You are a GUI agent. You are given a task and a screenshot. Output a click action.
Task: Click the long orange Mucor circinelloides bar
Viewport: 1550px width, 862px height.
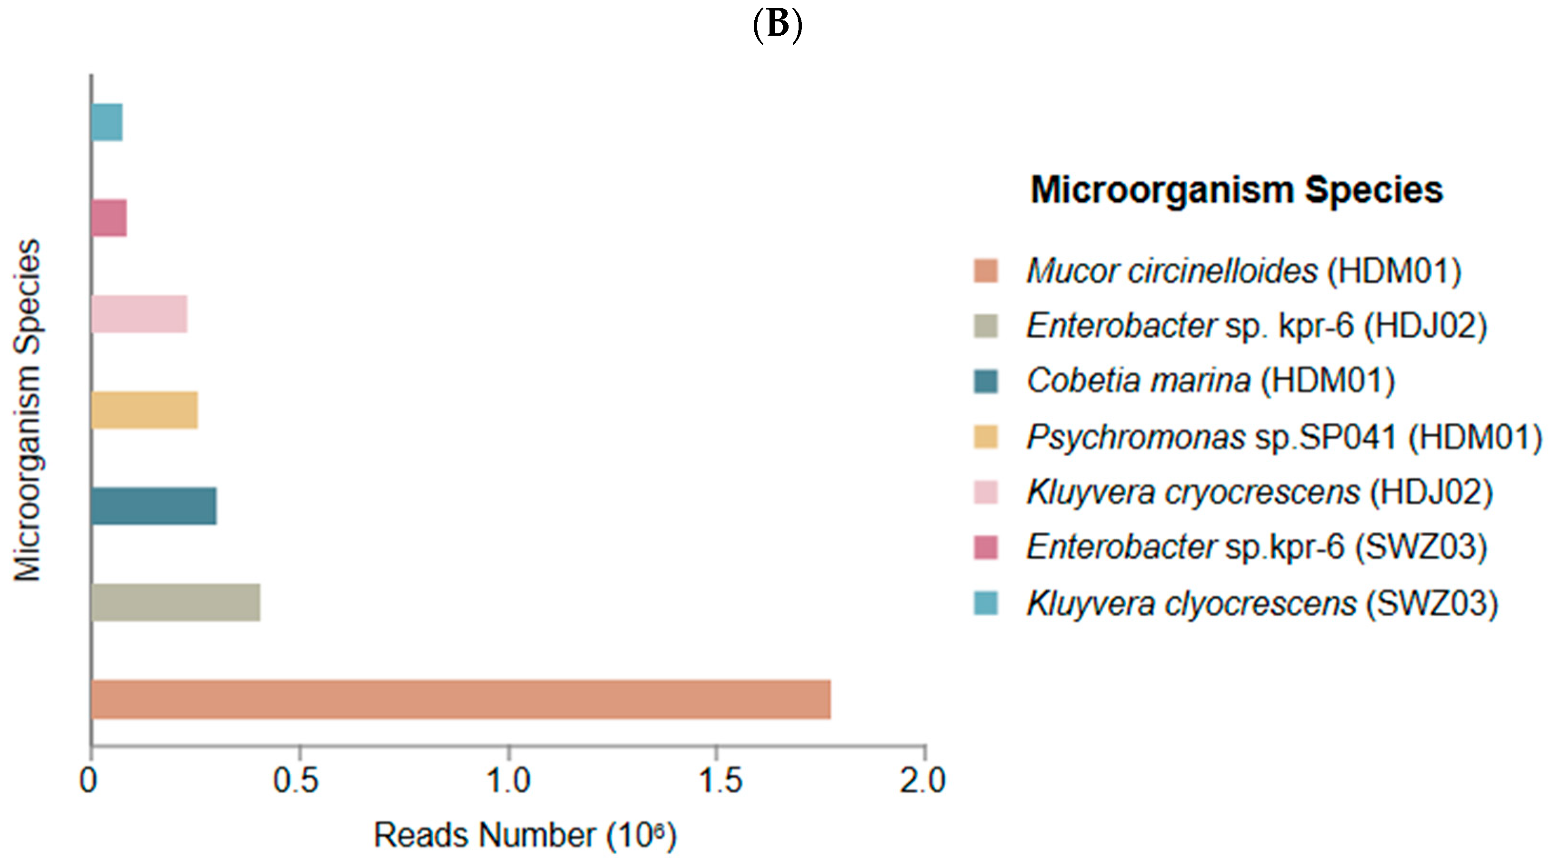pos(461,699)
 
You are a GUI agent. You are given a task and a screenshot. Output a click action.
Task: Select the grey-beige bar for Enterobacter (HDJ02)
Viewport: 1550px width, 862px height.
pos(176,602)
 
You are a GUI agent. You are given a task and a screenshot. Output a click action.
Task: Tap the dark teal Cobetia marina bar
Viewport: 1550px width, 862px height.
pos(154,506)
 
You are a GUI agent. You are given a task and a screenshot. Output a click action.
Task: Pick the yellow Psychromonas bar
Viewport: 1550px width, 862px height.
pos(144,410)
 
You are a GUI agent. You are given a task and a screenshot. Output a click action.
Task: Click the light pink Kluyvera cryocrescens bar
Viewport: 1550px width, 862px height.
pos(140,314)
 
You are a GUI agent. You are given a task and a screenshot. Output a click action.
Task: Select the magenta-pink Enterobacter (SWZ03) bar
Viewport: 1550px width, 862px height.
pos(109,218)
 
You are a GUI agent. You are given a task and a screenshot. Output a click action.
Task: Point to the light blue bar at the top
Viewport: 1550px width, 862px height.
pos(107,122)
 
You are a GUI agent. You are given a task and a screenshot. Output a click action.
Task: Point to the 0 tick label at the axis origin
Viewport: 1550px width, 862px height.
pos(89,781)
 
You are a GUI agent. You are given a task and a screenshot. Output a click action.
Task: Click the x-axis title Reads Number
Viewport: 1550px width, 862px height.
pos(525,835)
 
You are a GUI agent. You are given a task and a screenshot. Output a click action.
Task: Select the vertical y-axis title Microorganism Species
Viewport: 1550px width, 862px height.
pos(28,410)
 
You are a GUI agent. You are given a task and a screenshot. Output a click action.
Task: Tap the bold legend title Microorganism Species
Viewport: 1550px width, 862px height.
pos(1237,190)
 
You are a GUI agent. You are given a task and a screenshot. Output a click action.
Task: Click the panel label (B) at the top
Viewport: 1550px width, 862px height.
pos(778,25)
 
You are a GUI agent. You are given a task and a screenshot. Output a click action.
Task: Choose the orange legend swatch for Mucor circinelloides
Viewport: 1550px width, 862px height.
pos(986,271)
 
